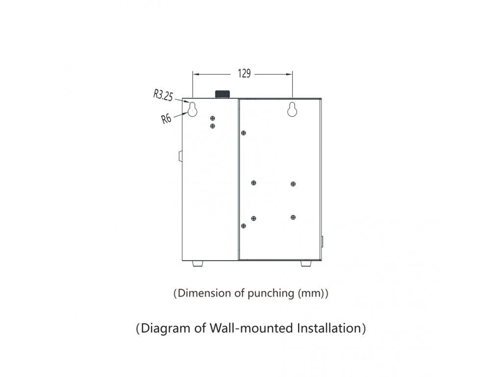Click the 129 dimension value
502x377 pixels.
[244, 74]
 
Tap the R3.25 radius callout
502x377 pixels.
[163, 95]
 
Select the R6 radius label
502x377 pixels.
[166, 119]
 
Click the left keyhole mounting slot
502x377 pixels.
[192, 109]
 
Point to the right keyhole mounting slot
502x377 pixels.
[292, 109]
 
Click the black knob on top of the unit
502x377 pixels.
[223, 94]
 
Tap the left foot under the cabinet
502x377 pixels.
[198, 264]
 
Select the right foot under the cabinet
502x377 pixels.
[306, 264]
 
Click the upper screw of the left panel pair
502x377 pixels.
[213, 118]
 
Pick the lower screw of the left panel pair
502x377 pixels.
[213, 126]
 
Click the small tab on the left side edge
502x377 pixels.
[180, 156]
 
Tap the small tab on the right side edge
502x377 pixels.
[322, 242]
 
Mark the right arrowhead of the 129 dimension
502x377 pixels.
[289, 75]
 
